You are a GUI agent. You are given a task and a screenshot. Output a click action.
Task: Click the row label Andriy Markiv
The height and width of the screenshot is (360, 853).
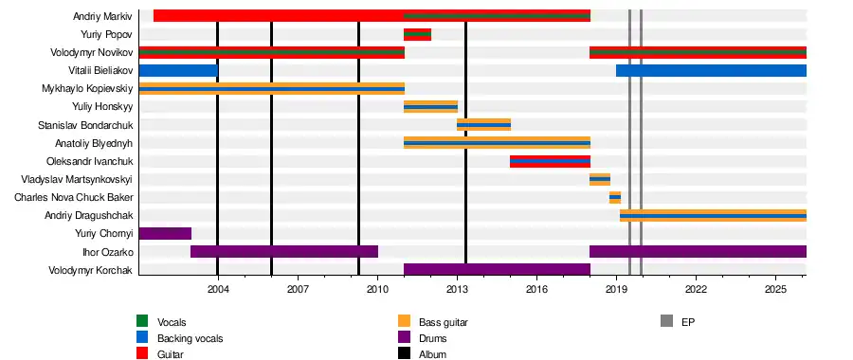point(102,16)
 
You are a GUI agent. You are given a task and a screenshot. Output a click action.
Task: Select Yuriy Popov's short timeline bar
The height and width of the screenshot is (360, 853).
point(417,34)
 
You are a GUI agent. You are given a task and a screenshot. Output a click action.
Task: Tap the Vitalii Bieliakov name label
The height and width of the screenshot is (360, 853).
point(100,71)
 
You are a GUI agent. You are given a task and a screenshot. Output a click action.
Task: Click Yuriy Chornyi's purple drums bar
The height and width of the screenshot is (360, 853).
point(165,234)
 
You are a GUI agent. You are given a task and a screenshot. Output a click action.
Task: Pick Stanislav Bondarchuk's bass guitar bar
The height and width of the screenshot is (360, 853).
point(483,125)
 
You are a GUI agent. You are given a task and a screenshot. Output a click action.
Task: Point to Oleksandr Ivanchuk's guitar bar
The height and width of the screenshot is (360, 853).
point(550,161)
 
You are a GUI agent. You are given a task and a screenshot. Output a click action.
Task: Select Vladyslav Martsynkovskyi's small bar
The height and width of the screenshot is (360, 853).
point(600,179)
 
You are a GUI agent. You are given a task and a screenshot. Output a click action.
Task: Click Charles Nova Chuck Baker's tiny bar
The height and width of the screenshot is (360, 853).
point(615,197)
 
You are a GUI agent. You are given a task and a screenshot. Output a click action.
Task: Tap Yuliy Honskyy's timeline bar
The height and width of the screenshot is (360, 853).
point(430,107)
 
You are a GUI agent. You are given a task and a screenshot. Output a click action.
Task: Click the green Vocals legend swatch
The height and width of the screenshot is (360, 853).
point(142,321)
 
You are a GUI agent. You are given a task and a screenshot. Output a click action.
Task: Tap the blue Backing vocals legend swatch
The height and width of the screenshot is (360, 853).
point(142,337)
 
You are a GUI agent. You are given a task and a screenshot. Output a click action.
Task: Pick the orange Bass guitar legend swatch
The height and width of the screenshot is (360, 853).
point(404,321)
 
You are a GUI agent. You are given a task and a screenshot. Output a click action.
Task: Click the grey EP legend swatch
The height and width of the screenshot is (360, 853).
point(666,321)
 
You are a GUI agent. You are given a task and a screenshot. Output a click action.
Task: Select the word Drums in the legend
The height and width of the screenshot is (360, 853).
point(432,339)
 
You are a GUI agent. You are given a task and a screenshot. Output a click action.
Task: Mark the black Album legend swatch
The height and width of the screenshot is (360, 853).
point(404,354)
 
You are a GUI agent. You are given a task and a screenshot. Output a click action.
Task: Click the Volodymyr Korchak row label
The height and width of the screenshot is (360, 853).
point(90,270)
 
